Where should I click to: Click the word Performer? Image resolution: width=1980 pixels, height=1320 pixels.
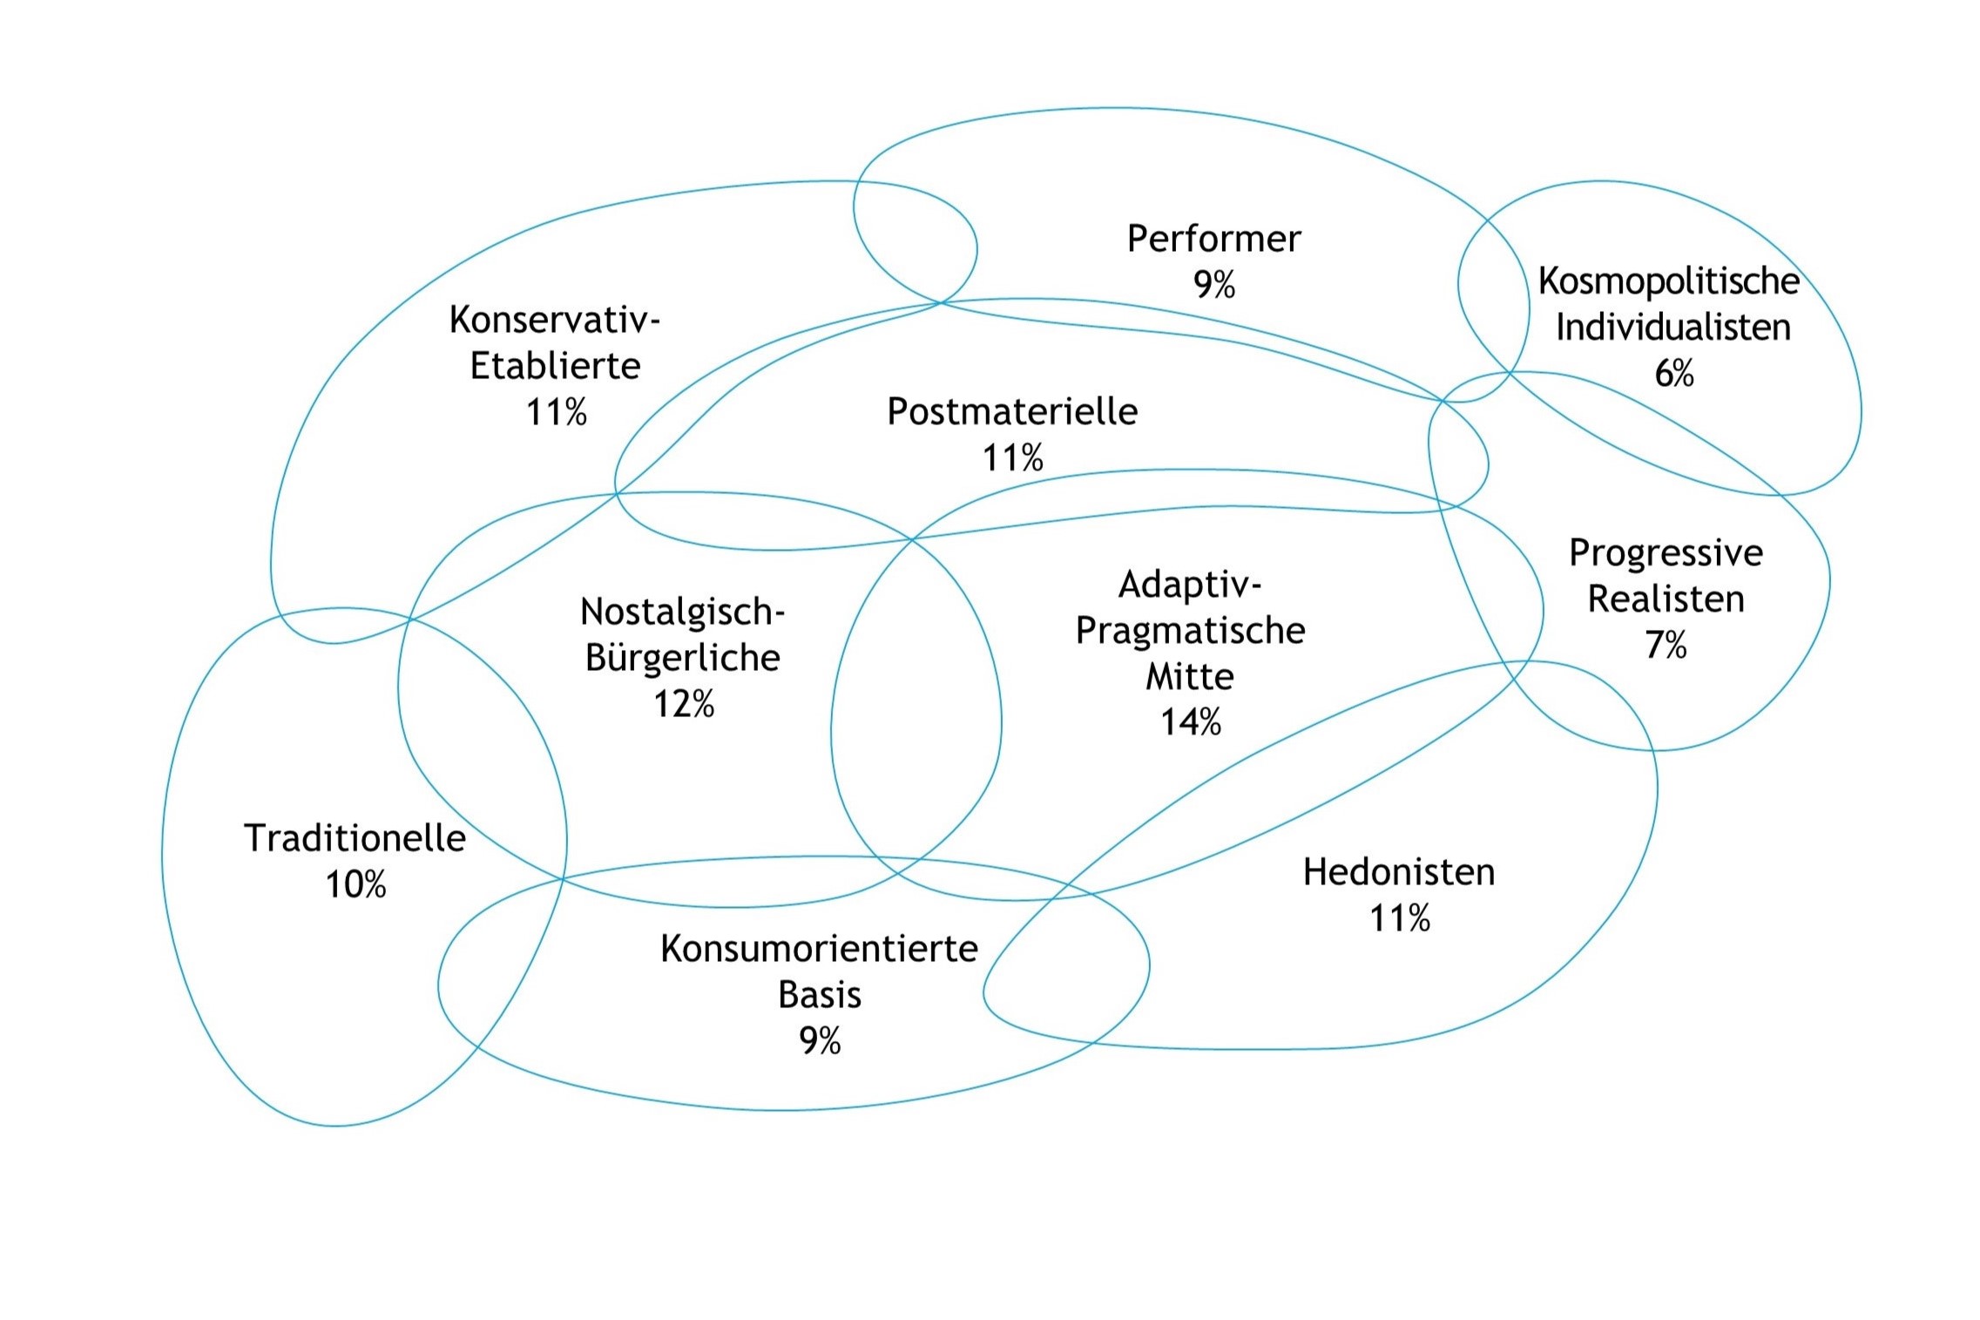pos(1213,239)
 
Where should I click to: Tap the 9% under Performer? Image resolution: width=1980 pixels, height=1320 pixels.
pos(1213,285)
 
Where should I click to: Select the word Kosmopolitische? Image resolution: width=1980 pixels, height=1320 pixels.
pos(1668,281)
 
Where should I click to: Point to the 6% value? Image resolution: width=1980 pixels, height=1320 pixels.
pos(1673,374)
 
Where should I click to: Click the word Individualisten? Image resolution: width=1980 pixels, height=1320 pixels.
pos(1673,328)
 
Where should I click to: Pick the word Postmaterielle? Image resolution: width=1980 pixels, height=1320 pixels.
pos(1011,411)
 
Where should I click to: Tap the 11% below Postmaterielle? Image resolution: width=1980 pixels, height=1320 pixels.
pos(1012,458)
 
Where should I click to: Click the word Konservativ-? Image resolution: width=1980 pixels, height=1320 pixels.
pos(555,320)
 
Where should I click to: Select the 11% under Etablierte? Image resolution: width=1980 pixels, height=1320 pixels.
pos(556,412)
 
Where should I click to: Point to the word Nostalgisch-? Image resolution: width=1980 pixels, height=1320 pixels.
pos(683,612)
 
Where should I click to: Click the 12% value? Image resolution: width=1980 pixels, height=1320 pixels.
pos(684,704)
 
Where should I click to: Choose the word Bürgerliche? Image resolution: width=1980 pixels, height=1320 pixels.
pos(683,658)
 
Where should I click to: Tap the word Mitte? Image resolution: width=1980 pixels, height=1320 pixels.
pos(1189,677)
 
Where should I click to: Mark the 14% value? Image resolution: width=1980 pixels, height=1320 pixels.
pos(1190,722)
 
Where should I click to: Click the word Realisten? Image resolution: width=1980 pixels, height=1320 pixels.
pos(1666,599)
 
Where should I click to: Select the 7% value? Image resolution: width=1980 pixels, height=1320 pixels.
pos(1666,646)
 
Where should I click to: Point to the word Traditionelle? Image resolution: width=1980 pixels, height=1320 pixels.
pos(355,838)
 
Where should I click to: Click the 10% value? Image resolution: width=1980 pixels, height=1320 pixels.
pos(355,885)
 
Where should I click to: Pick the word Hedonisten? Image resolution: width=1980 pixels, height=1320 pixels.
pos(1398,872)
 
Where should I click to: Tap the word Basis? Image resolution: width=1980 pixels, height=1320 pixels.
pos(819,995)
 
